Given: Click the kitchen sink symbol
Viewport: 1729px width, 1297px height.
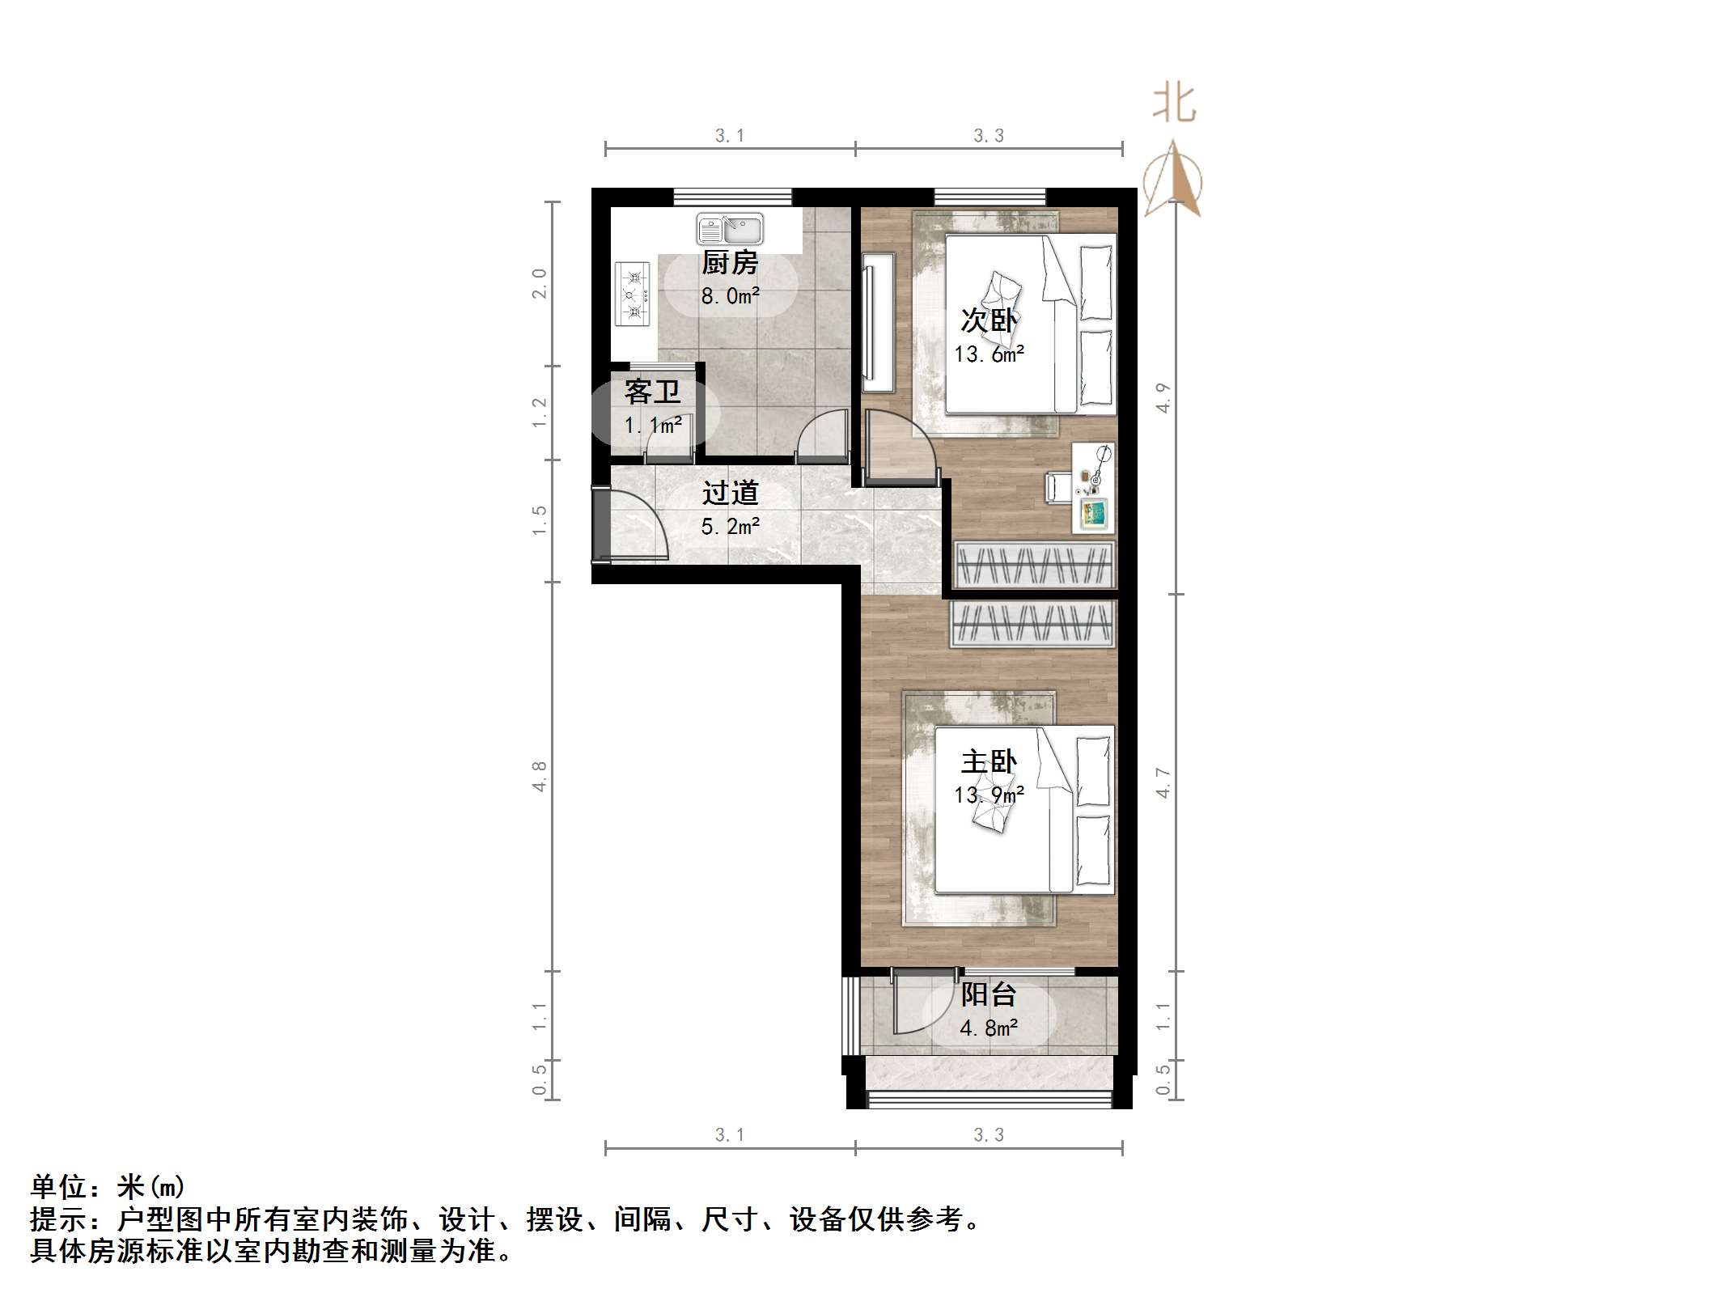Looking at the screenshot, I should click(729, 229).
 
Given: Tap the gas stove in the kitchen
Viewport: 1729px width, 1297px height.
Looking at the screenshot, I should click(632, 294).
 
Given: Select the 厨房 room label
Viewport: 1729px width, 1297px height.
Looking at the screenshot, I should click(729, 263).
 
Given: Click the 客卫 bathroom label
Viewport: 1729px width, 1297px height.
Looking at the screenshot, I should click(652, 392).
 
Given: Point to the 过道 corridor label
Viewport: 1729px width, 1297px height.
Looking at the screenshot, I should click(730, 493).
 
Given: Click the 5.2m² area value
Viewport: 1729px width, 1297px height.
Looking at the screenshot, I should click(730, 527).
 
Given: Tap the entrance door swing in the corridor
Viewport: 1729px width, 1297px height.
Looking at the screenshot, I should click(638, 525).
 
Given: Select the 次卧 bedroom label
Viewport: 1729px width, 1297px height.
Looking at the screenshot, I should click(988, 320).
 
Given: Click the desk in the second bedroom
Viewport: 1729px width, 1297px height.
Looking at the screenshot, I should click(1093, 487).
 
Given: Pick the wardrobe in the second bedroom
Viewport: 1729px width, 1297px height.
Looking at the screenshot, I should click(1034, 564).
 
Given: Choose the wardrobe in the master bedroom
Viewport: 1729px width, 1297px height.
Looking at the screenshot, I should click(1032, 624).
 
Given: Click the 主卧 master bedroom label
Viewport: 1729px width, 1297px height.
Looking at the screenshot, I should click(989, 761).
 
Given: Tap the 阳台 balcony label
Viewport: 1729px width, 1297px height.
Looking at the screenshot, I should click(988, 994).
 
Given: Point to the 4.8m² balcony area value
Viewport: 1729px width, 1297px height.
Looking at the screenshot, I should click(988, 1028).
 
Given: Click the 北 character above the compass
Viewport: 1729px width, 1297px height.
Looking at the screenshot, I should click(1174, 105).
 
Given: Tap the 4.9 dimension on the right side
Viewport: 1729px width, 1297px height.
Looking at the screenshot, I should click(1163, 397).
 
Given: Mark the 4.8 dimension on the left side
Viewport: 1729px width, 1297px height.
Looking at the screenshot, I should click(539, 776).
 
